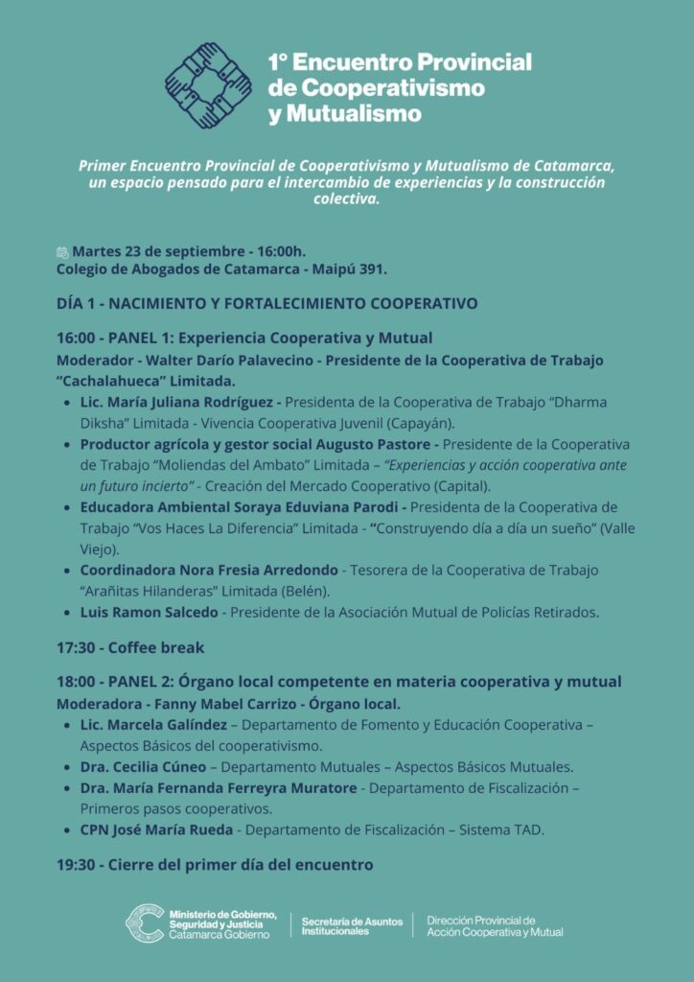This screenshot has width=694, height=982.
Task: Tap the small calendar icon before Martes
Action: point(62,251)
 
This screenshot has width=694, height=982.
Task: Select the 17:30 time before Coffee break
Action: point(77,647)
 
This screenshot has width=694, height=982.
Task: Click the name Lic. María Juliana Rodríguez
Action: point(180,402)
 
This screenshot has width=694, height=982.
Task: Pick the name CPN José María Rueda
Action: point(153,830)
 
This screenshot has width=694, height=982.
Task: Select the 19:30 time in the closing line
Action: point(77,864)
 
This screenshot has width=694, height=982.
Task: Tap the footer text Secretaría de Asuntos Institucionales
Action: point(348,925)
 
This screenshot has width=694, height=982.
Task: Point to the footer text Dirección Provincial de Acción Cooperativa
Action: point(495,925)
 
